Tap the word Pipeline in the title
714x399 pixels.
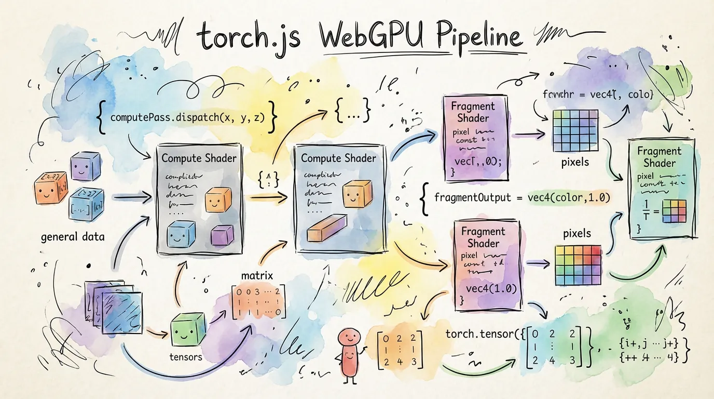471,37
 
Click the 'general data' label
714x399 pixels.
73,237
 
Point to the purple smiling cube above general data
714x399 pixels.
85,167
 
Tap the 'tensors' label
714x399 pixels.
186,357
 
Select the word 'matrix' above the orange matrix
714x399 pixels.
257,274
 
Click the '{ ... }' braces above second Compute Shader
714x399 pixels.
352,111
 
